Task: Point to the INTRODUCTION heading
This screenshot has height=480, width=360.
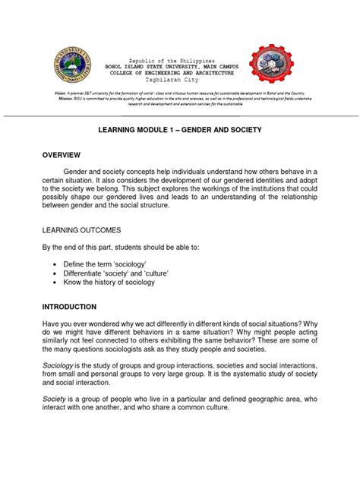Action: point(69,307)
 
